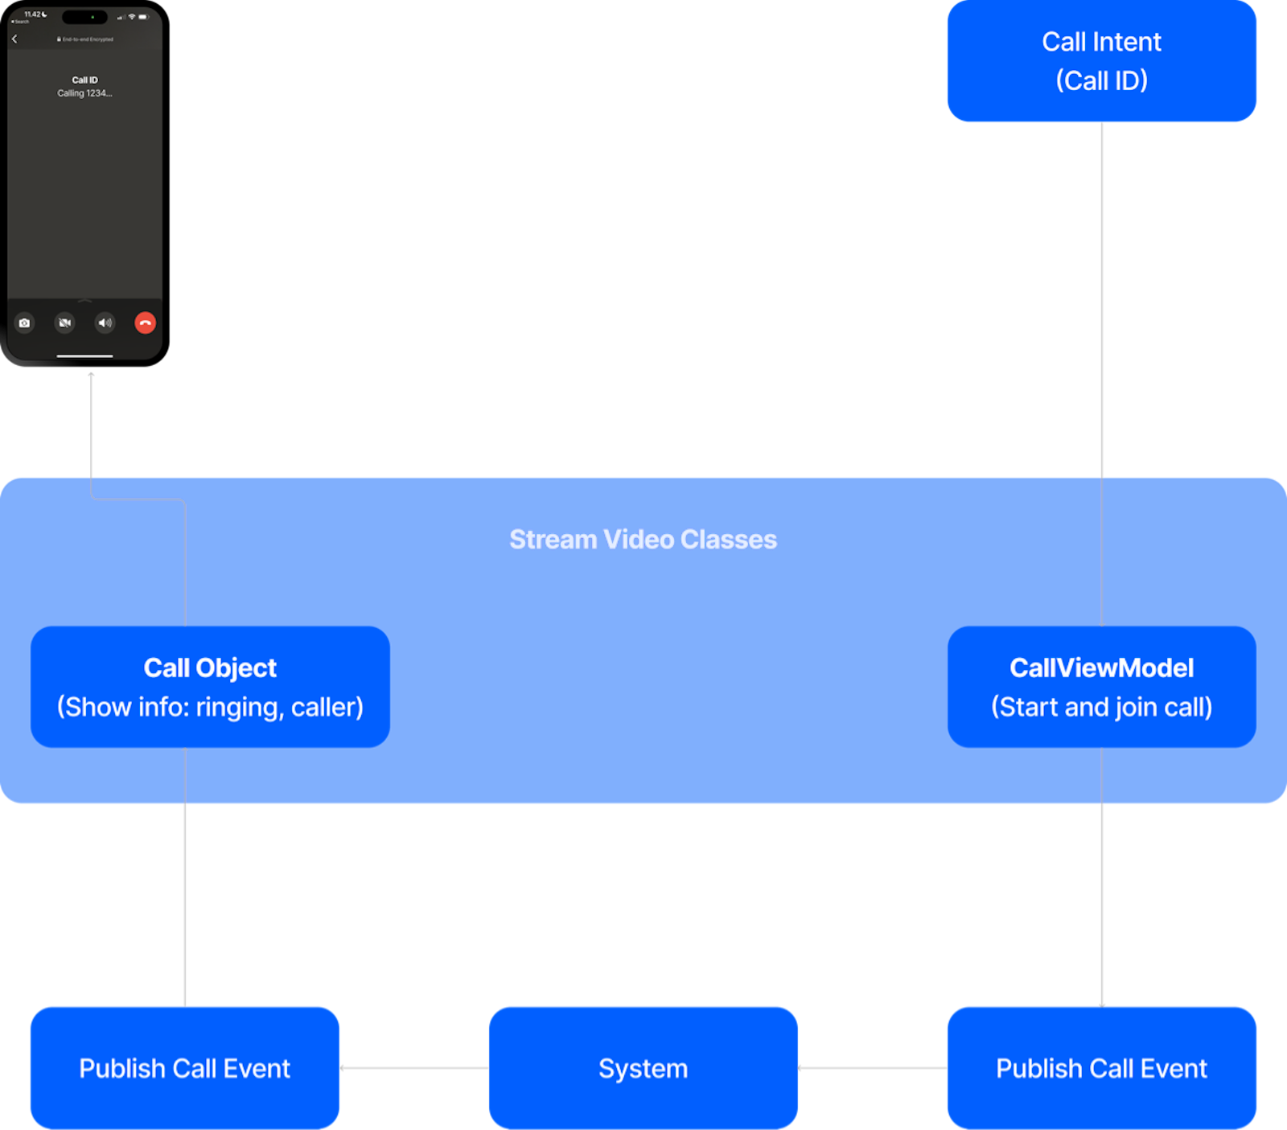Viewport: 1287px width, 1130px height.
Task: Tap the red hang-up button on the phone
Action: tap(145, 323)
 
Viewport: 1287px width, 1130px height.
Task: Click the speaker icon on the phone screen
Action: tap(105, 323)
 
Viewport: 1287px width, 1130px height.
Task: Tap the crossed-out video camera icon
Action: tap(64, 323)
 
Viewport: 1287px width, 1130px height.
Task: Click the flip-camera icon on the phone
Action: tap(25, 323)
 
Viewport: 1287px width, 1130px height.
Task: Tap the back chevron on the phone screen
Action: tap(14, 39)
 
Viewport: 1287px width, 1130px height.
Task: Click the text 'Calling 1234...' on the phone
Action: tap(84, 93)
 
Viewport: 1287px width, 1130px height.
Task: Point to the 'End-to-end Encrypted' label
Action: tap(86, 39)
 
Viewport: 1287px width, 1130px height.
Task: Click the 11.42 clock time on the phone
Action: tap(33, 14)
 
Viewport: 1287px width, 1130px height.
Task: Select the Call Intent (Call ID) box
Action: tap(1101, 61)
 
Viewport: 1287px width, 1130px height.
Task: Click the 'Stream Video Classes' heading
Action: tap(643, 540)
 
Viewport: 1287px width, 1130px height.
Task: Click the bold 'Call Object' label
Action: tap(210, 668)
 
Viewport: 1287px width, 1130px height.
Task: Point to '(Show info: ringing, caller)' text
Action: tap(210, 707)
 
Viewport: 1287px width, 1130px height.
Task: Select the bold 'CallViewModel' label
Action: tap(1101, 668)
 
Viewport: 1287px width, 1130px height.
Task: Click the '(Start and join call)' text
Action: tap(1101, 707)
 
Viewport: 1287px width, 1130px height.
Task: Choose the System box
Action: tap(643, 1068)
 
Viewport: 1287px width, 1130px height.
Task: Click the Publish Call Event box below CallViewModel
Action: tap(1101, 1068)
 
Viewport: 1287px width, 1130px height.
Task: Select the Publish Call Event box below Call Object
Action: tap(185, 1068)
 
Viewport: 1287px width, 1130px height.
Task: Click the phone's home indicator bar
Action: tap(84, 355)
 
